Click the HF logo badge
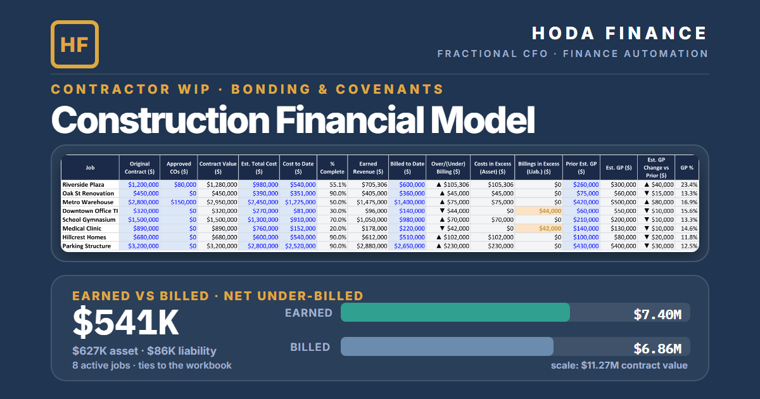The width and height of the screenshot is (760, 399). tap(75, 44)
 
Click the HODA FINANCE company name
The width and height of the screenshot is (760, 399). tap(619, 33)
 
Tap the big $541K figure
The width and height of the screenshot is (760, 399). tap(125, 322)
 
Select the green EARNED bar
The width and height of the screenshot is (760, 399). tap(455, 312)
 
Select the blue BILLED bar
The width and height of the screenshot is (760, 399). tap(447, 346)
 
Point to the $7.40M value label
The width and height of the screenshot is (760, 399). tap(657, 315)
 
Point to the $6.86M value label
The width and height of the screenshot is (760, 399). tap(657, 349)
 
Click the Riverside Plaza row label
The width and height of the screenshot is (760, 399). tap(83, 184)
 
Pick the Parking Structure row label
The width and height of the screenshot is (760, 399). tap(87, 246)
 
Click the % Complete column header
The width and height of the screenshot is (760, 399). tap(332, 168)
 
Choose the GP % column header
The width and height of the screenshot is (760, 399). tap(687, 168)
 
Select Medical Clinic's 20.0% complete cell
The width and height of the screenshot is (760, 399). tap(338, 229)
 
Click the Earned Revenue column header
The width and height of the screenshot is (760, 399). tap(368, 168)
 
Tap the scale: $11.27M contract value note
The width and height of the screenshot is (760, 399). tap(619, 365)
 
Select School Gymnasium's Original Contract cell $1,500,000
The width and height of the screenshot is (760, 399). tap(143, 220)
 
